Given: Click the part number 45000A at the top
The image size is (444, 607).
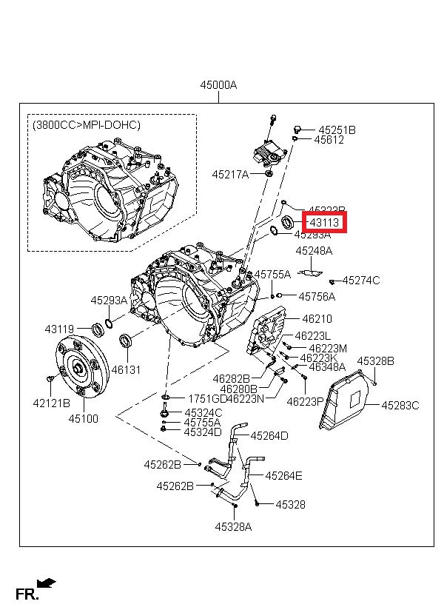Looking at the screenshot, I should pos(218,85).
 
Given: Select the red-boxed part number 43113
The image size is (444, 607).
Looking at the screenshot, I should pos(324,221).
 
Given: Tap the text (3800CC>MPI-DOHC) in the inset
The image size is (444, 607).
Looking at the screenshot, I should pos(87,125).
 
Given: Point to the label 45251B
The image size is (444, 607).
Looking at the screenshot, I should pos(337,130).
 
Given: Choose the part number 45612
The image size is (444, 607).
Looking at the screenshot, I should pos(329,140).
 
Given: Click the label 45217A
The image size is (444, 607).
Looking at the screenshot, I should pos(229,175).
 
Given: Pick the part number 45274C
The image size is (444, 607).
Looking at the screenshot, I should pos(361,280).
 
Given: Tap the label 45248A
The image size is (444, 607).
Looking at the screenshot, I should pos(314,251).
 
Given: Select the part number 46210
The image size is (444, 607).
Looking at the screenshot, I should pos(317,319).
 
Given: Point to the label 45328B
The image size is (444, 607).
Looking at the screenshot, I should pos(376,361).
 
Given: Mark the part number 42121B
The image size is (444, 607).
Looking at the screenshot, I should pos(51,403).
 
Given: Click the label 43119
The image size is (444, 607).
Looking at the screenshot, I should pos(59,329).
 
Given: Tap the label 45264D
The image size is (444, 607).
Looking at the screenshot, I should pos(269,435).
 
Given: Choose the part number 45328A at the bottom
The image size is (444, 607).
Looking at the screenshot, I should pos(234,527).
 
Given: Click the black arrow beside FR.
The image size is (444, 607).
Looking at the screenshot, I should pos(46,583).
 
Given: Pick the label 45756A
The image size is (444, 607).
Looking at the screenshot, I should pos(317,296).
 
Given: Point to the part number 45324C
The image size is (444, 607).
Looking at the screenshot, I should pos(203,412).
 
